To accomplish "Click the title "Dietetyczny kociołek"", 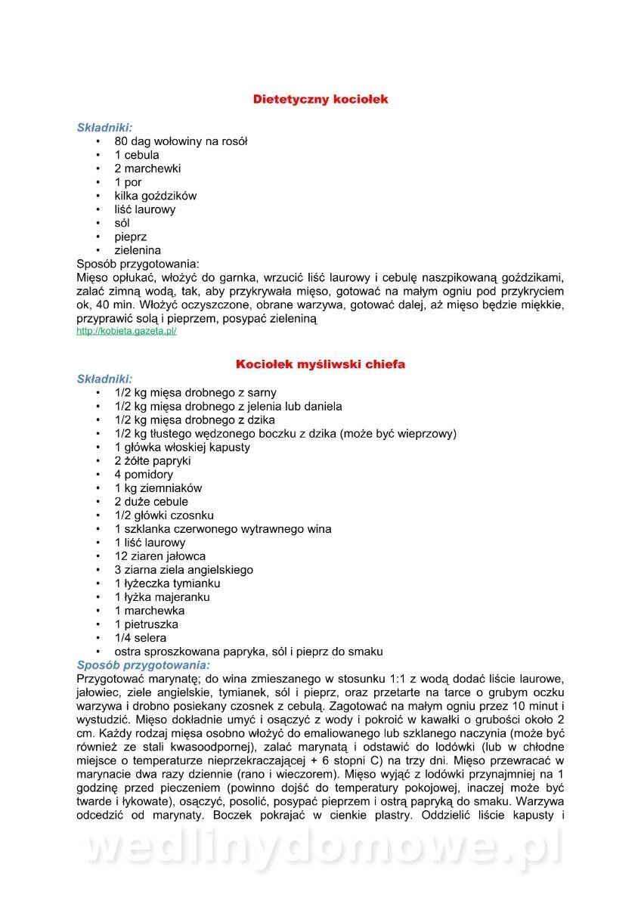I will pos(320,99).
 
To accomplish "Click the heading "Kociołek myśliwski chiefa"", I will pos(320,364).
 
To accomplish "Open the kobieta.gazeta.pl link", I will pos(126,331).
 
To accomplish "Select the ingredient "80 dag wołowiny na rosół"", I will pos(181,141).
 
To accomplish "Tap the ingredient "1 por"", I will pos(129,182).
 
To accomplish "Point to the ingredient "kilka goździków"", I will pos(155,196).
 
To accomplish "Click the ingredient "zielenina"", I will pos(138,250).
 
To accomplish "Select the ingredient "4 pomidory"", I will pos(144,475).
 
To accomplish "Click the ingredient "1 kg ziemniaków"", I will pos(158,488).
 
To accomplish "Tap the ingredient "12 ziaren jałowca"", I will pos(160,556).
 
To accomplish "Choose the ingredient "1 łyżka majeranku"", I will pos(162,597).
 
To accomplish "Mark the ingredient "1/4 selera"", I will pos(140,638).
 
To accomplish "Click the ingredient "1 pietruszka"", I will pos(147,624).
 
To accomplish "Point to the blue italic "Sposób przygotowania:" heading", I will pos(144,665).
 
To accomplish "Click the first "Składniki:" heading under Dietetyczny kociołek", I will pos(104,128).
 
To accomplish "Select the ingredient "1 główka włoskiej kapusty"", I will pos(182,447).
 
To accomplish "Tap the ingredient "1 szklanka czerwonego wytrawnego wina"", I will pos(223,529).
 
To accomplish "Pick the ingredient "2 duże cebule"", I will pos(151,502).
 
